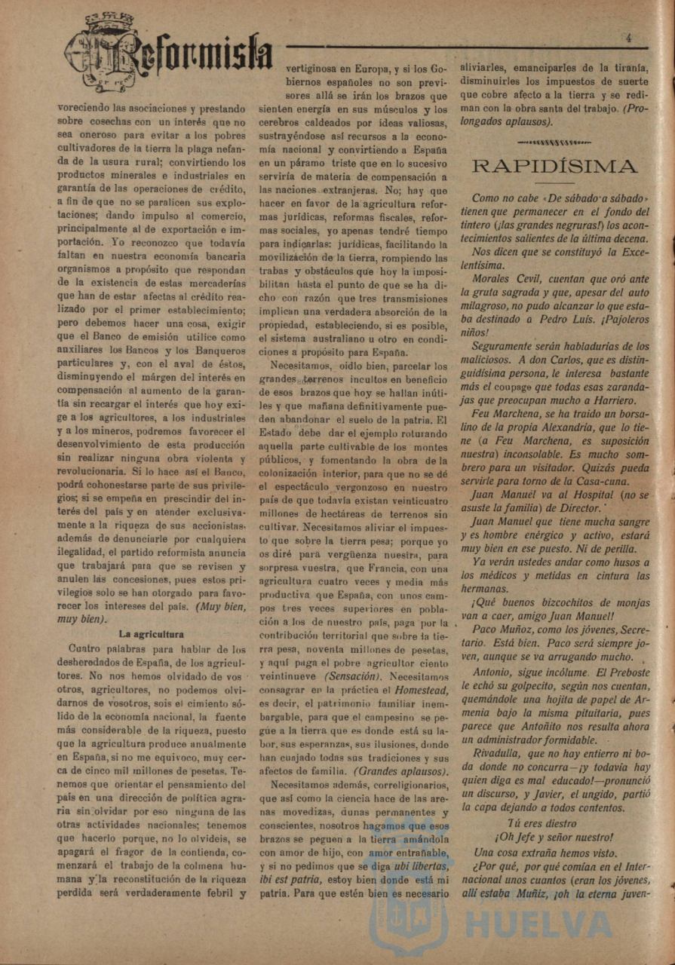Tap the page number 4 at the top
tap(627, 37)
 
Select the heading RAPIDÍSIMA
tap(554, 165)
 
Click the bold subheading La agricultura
tap(151, 634)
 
